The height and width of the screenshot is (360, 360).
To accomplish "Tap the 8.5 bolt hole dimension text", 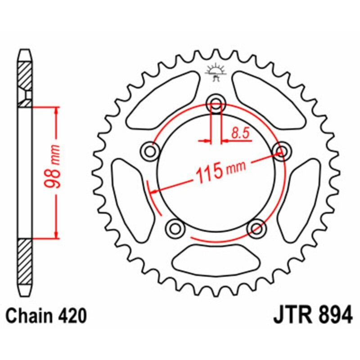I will [x=238, y=133].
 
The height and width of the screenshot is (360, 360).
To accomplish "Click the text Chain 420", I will [x=46, y=316].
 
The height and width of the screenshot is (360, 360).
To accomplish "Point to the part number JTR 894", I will [x=312, y=315].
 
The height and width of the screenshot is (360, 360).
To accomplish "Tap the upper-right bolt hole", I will [x=281, y=151].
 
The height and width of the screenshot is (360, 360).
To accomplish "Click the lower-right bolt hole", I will [x=256, y=228].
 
